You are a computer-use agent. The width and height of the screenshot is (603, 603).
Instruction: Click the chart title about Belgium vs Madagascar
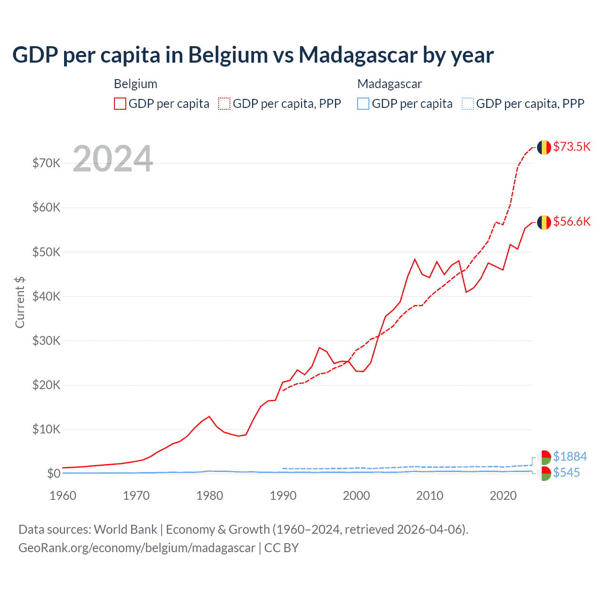coord(253,55)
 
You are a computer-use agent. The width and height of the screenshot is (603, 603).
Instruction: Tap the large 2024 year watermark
coord(113,159)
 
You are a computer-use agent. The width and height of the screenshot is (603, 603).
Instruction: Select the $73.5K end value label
coord(571,147)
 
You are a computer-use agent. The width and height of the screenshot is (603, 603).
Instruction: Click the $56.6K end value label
coord(571,221)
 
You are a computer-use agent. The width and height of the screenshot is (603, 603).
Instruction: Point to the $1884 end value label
coord(570,456)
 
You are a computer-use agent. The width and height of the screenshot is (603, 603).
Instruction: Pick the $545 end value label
coord(566,473)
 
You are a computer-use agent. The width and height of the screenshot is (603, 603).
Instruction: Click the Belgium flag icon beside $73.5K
coord(544,147)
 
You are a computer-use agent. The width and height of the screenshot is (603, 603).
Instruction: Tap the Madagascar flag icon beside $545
coord(544,473)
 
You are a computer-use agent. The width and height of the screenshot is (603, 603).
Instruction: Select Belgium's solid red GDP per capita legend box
coord(120,104)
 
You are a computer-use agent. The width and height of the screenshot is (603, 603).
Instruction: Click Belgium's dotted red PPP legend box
coord(224,104)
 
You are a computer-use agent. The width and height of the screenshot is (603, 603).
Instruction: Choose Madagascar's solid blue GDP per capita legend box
coord(363,104)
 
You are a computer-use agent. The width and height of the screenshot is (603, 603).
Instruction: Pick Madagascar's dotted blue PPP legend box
coord(468,104)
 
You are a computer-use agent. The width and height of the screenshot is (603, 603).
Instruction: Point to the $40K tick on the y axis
coord(46,296)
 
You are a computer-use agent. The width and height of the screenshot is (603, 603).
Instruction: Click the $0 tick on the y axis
coord(54,473)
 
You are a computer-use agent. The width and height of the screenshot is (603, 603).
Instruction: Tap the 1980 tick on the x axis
coord(210,496)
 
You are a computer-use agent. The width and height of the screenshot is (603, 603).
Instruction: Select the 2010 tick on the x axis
coord(430,496)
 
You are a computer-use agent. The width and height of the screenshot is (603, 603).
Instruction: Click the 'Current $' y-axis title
coord(20,302)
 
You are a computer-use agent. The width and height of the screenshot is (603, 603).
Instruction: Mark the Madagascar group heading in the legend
coord(390,84)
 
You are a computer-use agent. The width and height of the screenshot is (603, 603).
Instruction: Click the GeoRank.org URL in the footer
coord(137,548)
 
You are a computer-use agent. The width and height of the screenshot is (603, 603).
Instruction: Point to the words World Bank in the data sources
coord(125,530)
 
